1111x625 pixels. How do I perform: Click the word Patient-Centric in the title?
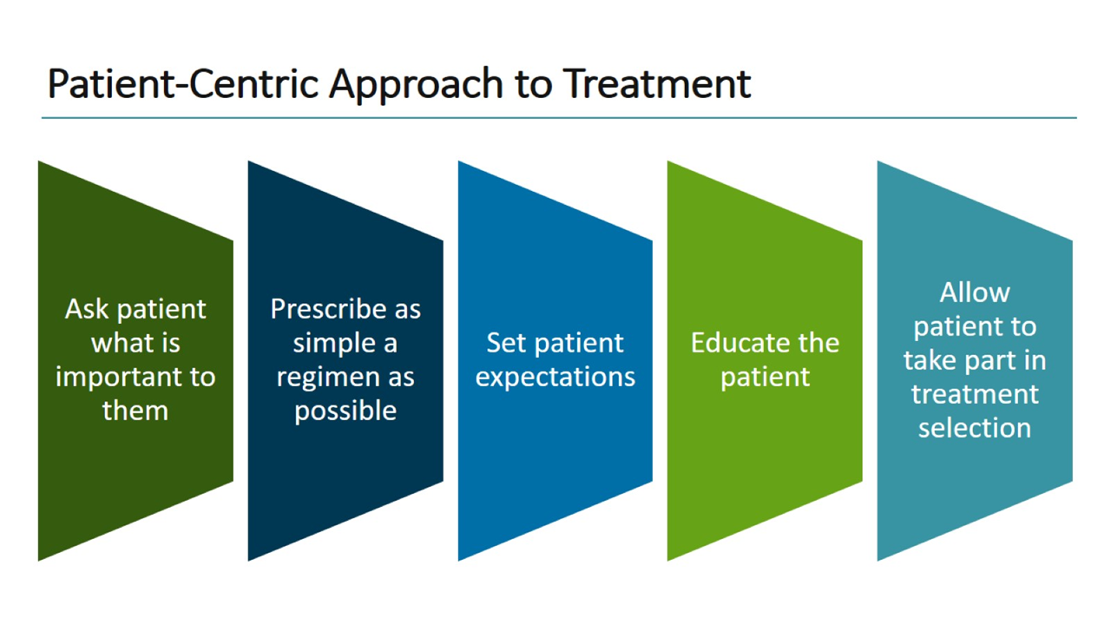point(182,84)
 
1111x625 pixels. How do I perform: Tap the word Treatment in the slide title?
point(657,84)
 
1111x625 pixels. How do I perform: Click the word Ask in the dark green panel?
point(87,309)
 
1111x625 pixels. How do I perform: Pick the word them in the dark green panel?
point(135,411)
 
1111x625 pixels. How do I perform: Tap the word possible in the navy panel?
point(345,411)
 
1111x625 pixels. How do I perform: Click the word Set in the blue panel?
point(506,343)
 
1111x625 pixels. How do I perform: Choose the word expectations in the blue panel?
point(555,377)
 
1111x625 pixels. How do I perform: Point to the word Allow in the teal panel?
point(975,293)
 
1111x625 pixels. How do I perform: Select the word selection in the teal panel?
point(975,428)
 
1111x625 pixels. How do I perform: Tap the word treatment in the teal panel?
point(975,394)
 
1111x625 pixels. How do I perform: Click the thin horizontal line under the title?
point(559,118)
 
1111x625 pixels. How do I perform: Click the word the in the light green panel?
point(818,343)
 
